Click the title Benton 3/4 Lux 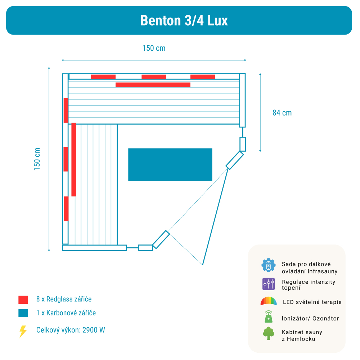click(x=184, y=21)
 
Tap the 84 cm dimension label click(x=282, y=113)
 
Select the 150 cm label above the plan click(x=154, y=48)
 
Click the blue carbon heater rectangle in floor click(x=170, y=165)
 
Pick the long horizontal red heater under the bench click(x=153, y=85)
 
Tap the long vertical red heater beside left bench click(x=73, y=159)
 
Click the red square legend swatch click(x=23, y=300)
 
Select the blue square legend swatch click(x=23, y=313)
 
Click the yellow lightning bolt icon click(x=23, y=332)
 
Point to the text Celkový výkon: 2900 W click(x=71, y=330)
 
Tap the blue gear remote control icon click(x=268, y=265)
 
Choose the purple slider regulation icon click(x=269, y=284)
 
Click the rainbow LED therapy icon click(x=269, y=301)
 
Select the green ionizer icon click(x=269, y=316)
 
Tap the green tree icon click(x=269, y=333)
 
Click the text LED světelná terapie click(x=312, y=302)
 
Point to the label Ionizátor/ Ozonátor click(x=310, y=319)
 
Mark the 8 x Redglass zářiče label click(x=64, y=299)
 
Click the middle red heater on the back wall click(x=154, y=77)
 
